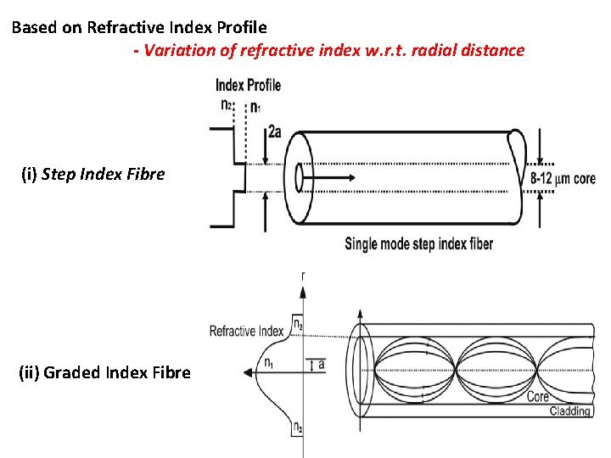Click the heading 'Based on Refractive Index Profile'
click(x=139, y=27)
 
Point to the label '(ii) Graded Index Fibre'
click(x=104, y=371)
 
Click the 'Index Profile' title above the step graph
click(x=248, y=85)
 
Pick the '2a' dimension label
click(x=275, y=131)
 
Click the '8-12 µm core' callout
click(x=563, y=179)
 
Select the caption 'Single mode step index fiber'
click(x=418, y=244)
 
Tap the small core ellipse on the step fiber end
click(x=299, y=178)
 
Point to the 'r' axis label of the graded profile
click(x=304, y=276)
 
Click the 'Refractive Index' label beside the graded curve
click(x=246, y=331)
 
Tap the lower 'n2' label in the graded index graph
click(x=297, y=429)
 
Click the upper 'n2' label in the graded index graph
click(x=297, y=323)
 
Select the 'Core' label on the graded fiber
click(x=537, y=396)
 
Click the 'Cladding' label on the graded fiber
click(x=570, y=411)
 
